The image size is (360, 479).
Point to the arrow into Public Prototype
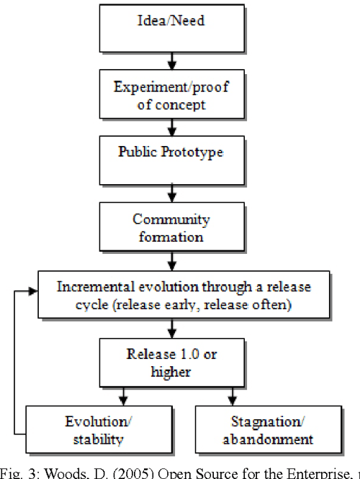coord(171,128)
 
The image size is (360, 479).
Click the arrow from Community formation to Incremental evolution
coord(171,259)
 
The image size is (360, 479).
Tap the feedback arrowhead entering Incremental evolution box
coord(33,292)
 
